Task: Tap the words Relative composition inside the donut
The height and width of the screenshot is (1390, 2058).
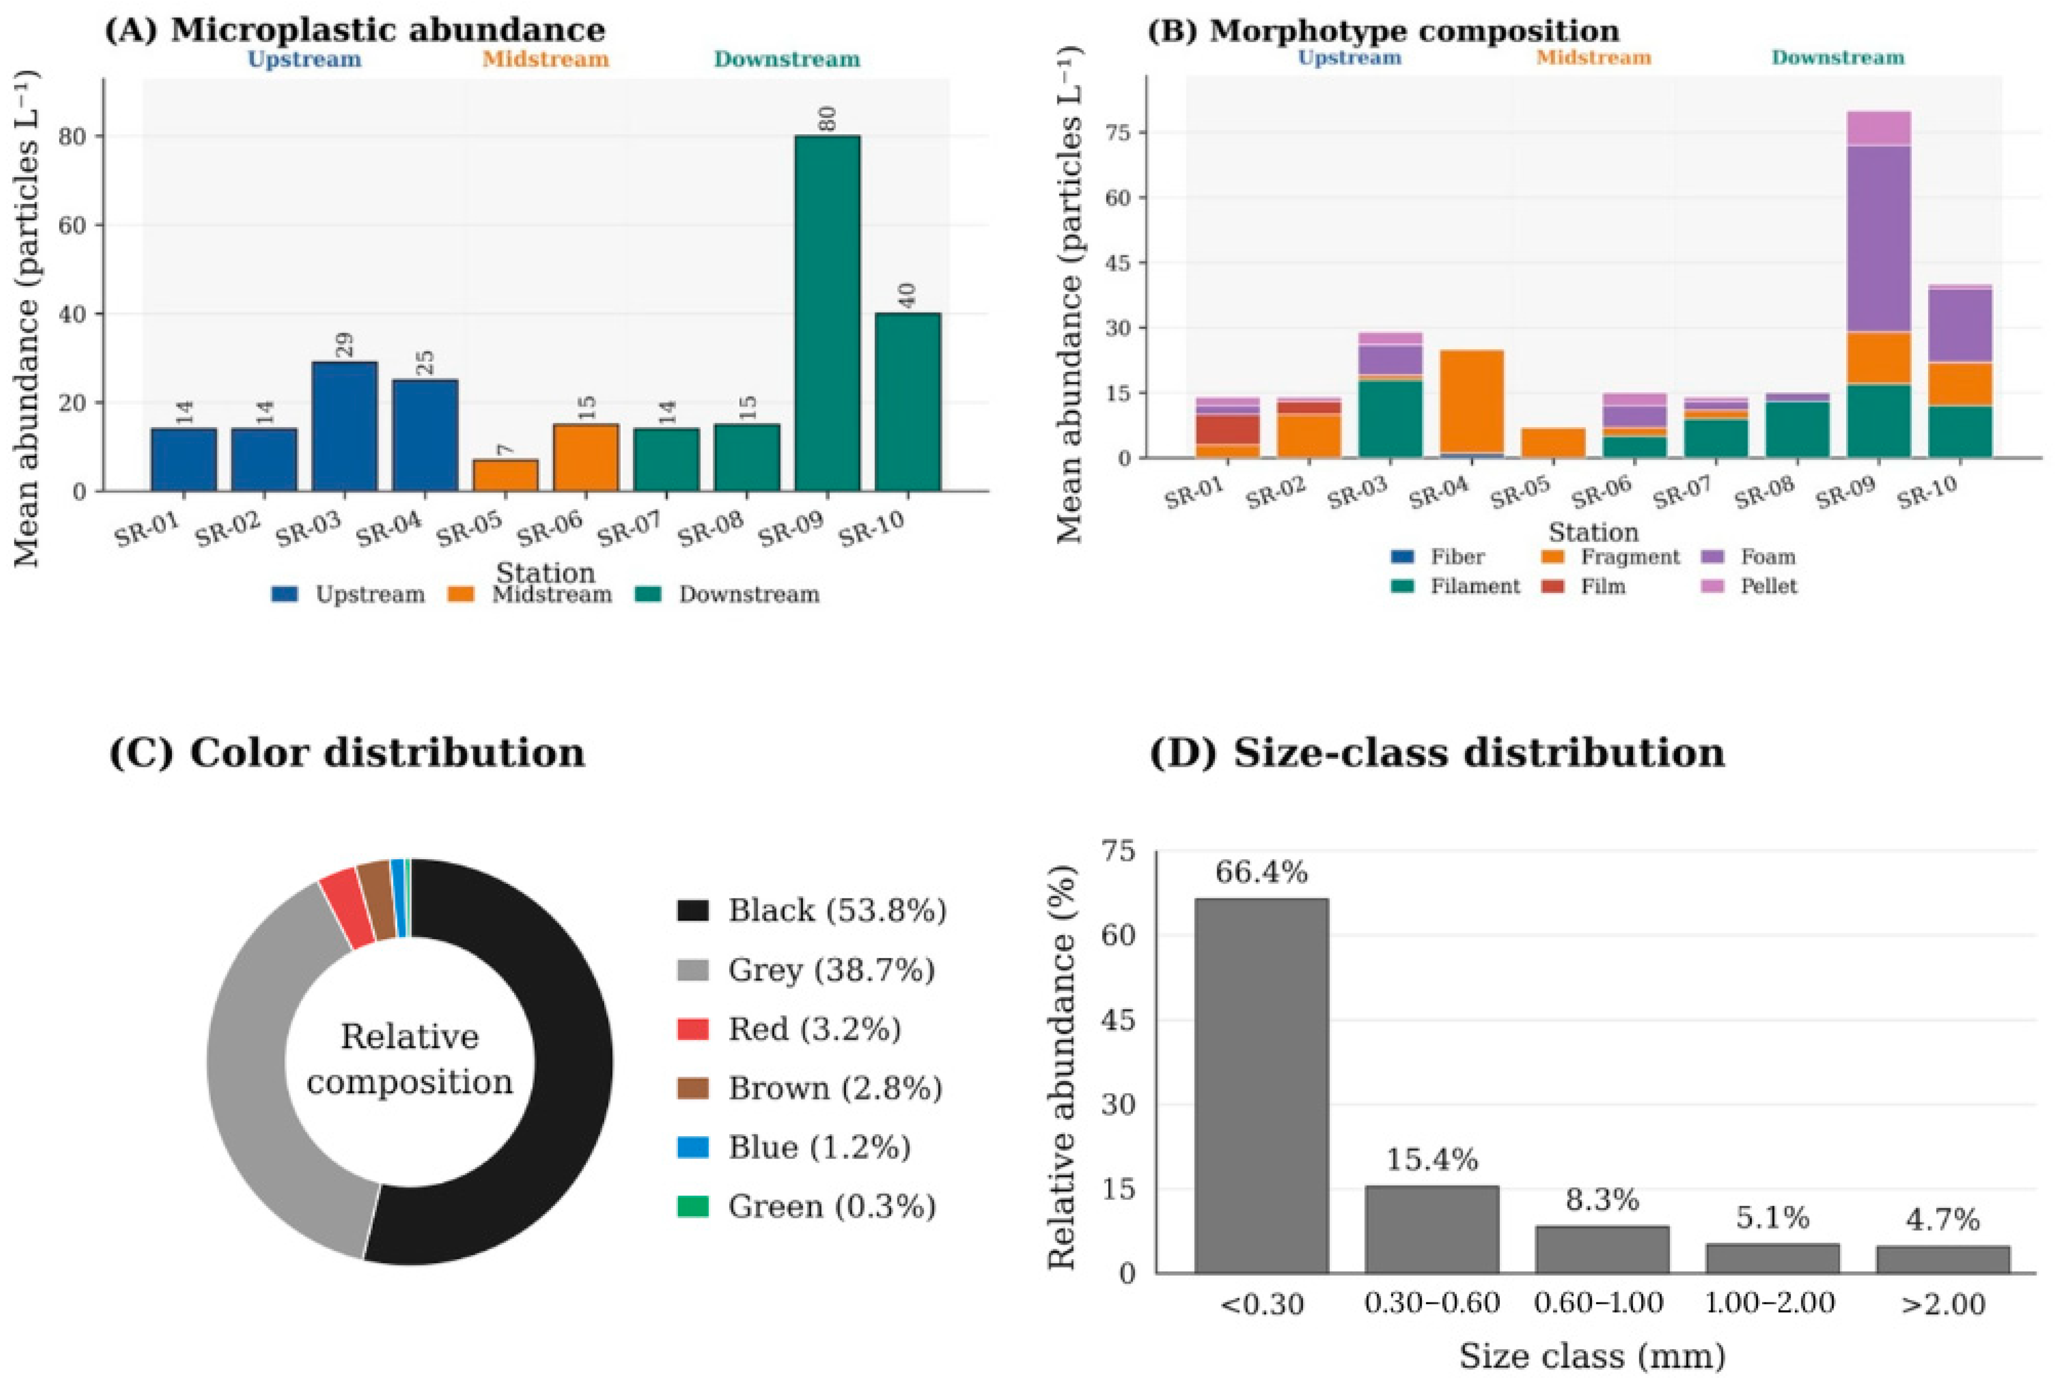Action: [410, 1059]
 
